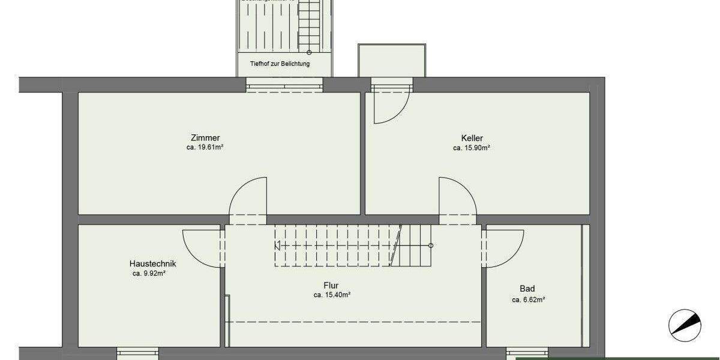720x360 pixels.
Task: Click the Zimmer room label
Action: [x=205, y=138]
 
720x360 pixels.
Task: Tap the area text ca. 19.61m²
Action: [x=205, y=147]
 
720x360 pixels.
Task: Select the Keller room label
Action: [x=472, y=138]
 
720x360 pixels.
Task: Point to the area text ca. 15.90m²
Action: [x=472, y=147]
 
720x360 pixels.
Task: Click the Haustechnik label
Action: [x=152, y=263]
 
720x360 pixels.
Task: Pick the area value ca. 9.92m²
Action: [x=149, y=273]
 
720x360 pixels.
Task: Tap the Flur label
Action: [x=331, y=286]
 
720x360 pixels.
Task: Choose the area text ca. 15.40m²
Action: [x=332, y=295]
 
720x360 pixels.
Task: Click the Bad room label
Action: [x=527, y=289]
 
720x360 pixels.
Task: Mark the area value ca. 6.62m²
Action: [x=528, y=299]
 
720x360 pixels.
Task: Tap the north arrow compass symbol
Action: [x=684, y=324]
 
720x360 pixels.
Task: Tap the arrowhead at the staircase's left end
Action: [x=278, y=245]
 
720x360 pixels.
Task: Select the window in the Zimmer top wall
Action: [x=285, y=85]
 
